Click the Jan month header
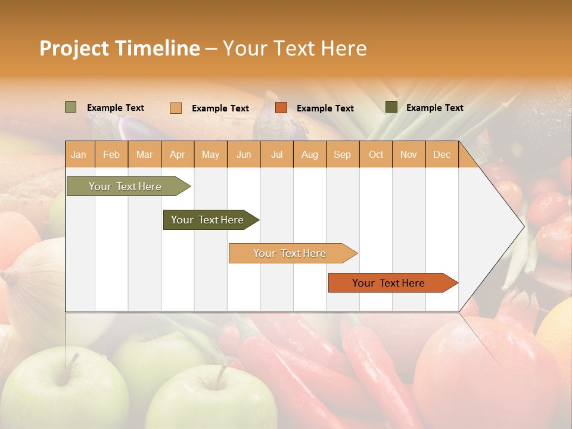(79, 155)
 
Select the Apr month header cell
(178, 155)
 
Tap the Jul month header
(276, 155)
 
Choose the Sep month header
(342, 155)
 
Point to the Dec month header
(442, 155)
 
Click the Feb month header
(111, 155)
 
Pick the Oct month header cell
(376, 155)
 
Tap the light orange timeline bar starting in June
(290, 253)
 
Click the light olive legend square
(70, 107)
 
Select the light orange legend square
(175, 108)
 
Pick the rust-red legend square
(281, 108)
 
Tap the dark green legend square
(391, 107)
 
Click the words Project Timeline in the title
(119, 48)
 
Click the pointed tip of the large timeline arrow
(523, 226)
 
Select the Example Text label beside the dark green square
(434, 108)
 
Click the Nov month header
(409, 155)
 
